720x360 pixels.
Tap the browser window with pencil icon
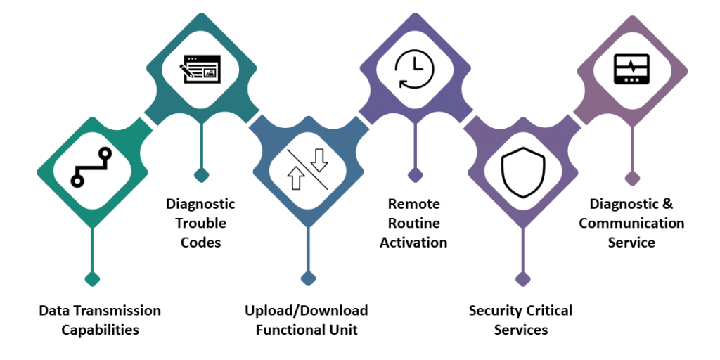tap(200, 69)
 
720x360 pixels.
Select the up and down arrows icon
tap(308, 169)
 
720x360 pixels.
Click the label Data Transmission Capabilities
tap(100, 320)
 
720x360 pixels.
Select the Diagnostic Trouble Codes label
tap(200, 223)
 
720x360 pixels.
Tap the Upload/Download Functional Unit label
tap(307, 320)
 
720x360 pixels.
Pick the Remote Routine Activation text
tap(413, 223)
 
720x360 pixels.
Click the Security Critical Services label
tap(521, 320)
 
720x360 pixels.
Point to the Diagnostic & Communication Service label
tap(631, 223)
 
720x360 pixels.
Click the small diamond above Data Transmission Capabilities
tap(91, 278)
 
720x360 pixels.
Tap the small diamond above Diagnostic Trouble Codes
tap(201, 174)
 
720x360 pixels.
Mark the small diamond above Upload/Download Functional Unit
tap(308, 278)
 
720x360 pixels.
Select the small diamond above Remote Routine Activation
tap(416, 174)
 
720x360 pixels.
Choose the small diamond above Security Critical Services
tap(522, 278)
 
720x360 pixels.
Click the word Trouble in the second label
tap(200, 223)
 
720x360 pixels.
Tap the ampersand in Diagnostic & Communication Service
tap(667, 204)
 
